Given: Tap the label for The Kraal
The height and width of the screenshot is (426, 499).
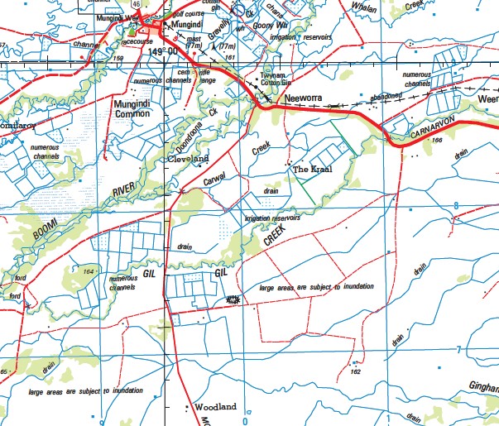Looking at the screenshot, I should (311, 170).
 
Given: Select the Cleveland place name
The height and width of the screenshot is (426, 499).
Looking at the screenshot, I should (189, 158).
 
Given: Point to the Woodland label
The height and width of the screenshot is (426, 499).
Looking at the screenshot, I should (215, 407).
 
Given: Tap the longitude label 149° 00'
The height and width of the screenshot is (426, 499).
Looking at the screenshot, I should (166, 52).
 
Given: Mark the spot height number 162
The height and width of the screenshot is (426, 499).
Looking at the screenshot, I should (355, 372).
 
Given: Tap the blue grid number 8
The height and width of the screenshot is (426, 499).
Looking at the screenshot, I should (455, 206).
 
